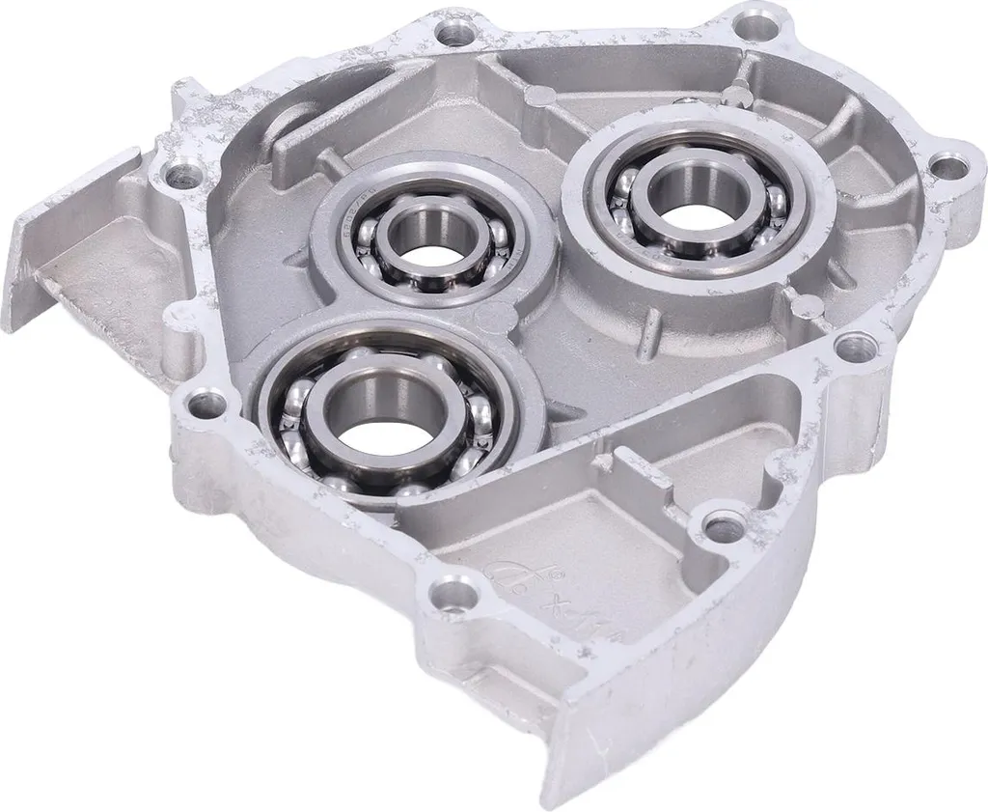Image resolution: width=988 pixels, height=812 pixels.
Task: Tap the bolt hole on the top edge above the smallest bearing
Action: tap(450, 34)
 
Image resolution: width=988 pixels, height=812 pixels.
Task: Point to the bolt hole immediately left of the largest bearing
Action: tap(203, 401)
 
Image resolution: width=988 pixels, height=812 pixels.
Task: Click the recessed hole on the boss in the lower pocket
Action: tap(723, 525)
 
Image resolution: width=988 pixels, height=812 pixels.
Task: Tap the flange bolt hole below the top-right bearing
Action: tap(852, 345)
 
